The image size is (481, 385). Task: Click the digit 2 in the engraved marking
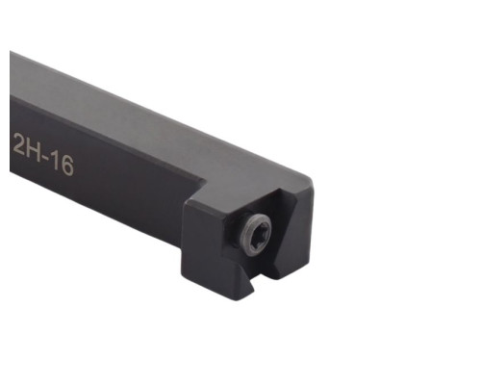[18, 144]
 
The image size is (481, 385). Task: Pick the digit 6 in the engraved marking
[67, 166]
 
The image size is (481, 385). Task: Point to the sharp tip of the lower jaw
[254, 292]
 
